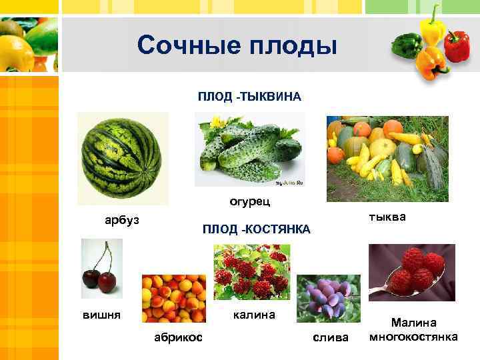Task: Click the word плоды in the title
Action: coord(293,46)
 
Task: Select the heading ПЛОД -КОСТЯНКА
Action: coord(257,229)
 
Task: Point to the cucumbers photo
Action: coord(249,150)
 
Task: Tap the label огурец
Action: coord(249,201)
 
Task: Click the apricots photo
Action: coord(174,299)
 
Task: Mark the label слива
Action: coord(331,337)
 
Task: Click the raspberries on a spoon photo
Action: coord(411,272)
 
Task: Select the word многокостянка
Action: coord(413,336)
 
